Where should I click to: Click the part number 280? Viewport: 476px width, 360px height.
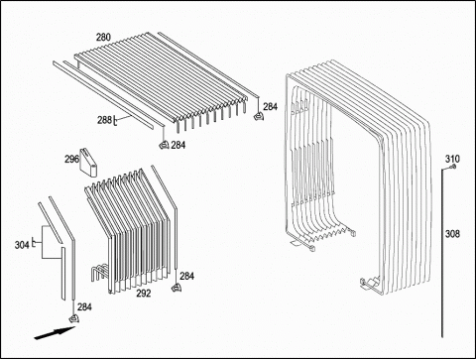tap(103, 38)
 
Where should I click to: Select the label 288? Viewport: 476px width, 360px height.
tap(104, 120)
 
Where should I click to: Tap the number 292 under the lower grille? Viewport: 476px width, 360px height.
tap(144, 293)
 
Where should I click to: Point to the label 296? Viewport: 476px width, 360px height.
tap(71, 159)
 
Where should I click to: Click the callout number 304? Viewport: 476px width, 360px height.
tap(22, 245)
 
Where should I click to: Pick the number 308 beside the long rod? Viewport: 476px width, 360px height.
tap(452, 234)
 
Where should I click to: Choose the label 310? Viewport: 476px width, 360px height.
tap(452, 159)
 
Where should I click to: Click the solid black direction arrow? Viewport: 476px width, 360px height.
tap(55, 332)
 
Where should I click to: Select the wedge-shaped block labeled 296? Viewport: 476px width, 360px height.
tap(88, 163)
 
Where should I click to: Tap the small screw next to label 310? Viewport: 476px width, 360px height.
tap(454, 167)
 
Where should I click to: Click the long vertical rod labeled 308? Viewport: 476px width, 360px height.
tap(442, 253)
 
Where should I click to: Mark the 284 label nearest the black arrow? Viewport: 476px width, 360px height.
tap(84, 307)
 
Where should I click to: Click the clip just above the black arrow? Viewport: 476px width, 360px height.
tap(73, 318)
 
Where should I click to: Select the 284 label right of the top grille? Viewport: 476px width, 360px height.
tap(271, 106)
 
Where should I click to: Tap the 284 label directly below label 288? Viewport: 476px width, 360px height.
tap(178, 145)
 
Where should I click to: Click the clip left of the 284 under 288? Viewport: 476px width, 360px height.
tap(164, 145)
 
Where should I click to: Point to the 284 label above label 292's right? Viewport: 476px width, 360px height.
tap(186, 276)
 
